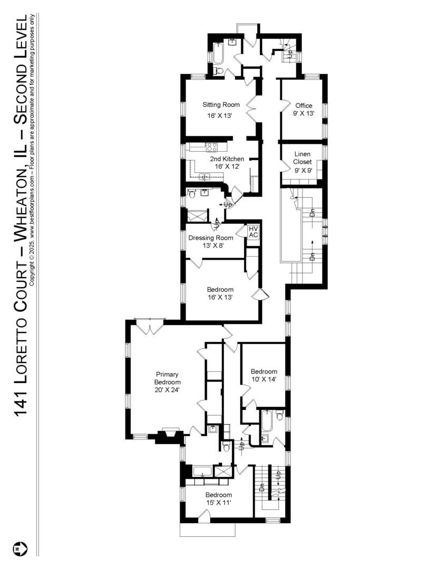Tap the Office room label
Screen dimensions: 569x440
tap(304, 105)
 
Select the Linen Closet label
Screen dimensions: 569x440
tap(302, 158)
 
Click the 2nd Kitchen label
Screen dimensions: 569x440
tap(227, 159)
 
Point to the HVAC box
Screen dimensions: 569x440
tap(253, 232)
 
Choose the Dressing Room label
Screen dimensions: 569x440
tap(211, 238)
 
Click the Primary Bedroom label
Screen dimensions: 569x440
tap(167, 378)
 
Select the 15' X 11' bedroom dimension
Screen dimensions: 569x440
tap(218, 503)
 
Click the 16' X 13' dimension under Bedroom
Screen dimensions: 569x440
tap(220, 298)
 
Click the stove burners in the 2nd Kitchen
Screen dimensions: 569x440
tap(212, 147)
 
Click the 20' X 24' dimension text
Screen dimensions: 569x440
tap(167, 390)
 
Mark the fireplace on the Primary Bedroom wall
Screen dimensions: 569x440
tap(169, 435)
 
